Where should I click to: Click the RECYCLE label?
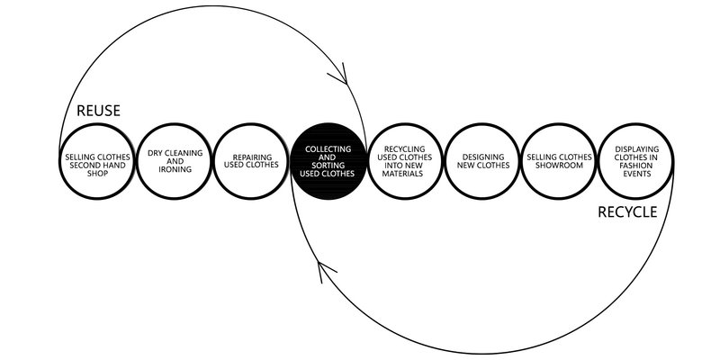click(x=628, y=213)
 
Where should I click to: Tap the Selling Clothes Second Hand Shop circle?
click(x=98, y=163)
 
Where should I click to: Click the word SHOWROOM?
click(x=560, y=166)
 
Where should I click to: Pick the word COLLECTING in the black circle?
click(x=328, y=148)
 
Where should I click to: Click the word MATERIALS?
click(x=406, y=175)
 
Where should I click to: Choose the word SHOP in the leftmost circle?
click(x=98, y=173)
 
